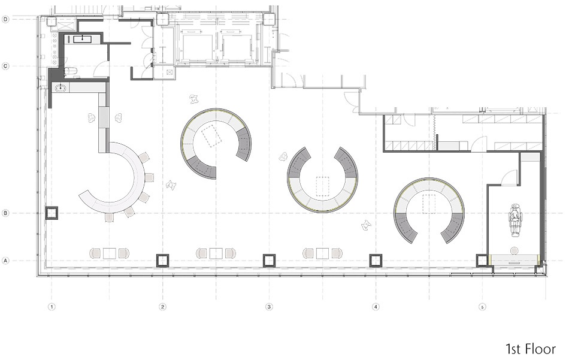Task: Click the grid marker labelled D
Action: click(x=5, y=19)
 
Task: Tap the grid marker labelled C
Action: click(x=5, y=66)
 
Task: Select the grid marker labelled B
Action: click(x=5, y=213)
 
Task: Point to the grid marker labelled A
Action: click(x=5, y=261)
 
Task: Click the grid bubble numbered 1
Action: click(x=52, y=307)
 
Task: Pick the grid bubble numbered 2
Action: click(x=163, y=307)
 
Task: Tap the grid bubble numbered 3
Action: click(x=269, y=307)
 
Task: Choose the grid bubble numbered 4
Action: click(x=376, y=307)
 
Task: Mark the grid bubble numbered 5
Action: click(x=482, y=307)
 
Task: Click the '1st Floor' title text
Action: click(x=531, y=349)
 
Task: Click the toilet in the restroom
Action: click(x=70, y=72)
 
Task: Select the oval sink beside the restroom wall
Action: click(x=61, y=87)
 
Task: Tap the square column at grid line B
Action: click(x=52, y=213)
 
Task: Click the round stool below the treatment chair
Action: click(x=515, y=251)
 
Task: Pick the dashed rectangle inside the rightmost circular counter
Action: click(x=429, y=204)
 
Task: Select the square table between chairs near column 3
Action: click(x=323, y=253)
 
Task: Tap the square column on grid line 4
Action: click(x=376, y=261)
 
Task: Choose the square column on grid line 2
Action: click(x=163, y=261)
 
